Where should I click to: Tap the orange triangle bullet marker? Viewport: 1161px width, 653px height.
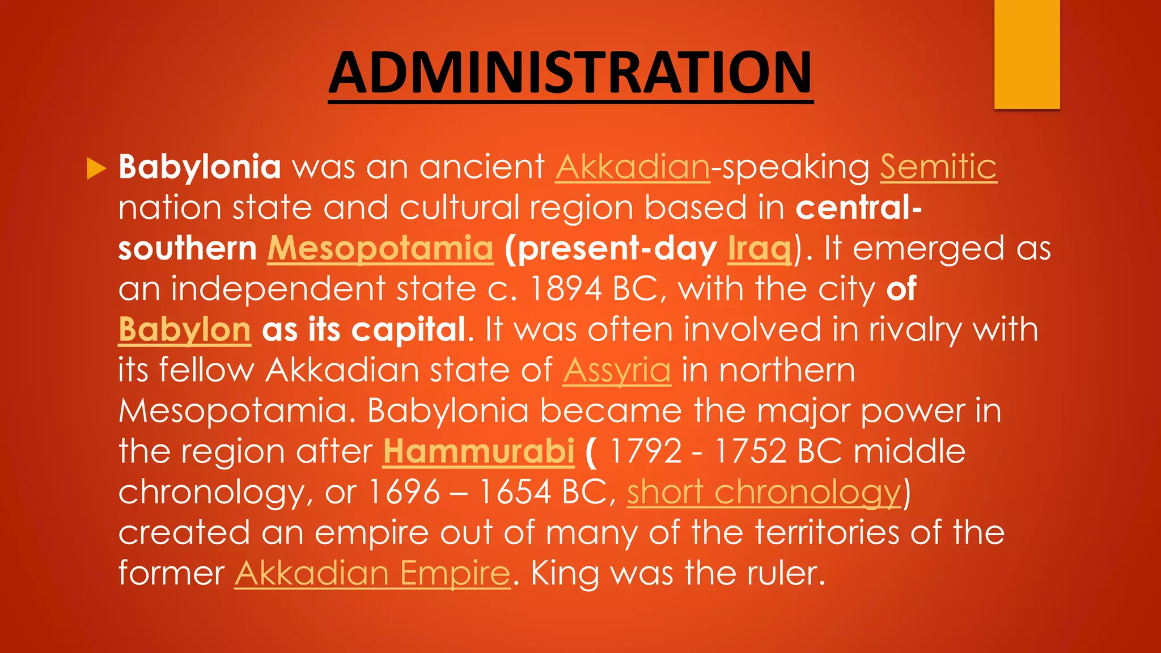96,168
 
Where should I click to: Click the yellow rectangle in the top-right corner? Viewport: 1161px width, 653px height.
1027,54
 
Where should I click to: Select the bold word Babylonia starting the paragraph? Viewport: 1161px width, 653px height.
200,167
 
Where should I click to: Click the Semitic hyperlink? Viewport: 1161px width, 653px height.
938,167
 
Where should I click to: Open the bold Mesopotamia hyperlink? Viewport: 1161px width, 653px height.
380,248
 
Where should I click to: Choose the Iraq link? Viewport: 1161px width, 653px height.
760,248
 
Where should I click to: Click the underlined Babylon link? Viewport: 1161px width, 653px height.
184,330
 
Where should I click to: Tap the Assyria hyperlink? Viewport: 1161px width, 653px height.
617,371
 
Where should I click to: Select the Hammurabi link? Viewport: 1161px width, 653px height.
478,452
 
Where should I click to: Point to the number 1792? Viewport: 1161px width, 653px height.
646,452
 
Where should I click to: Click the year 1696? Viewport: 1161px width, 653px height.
404,492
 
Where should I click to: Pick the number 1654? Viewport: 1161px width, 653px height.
515,492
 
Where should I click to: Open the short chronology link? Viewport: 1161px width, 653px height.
764,492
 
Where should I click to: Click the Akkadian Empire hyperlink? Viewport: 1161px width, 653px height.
372,573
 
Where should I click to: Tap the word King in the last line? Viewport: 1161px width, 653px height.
565,573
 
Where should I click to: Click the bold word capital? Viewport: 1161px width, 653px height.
408,330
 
